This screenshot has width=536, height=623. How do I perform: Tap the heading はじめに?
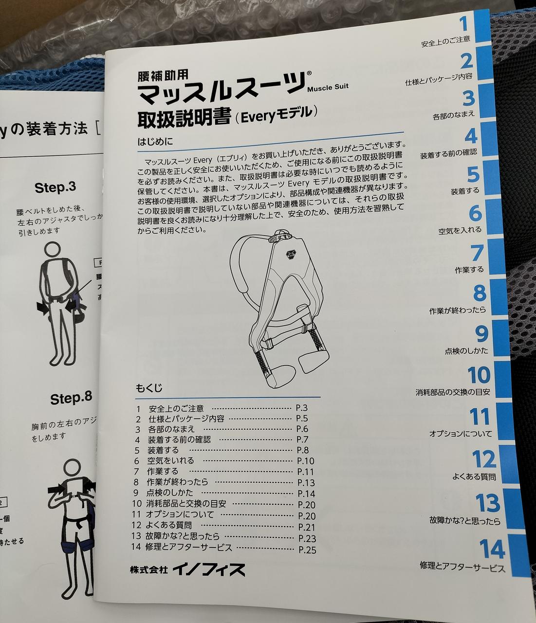tap(156, 141)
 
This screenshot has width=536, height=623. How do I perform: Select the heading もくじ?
tap(149, 387)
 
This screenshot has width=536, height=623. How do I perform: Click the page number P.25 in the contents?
tap(307, 550)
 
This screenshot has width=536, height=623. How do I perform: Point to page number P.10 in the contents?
tap(305, 461)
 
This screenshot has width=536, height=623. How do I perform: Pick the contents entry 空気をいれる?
tap(170, 460)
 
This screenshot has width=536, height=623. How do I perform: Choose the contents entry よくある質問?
tap(168, 525)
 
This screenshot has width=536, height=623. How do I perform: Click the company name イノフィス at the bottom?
tap(209, 570)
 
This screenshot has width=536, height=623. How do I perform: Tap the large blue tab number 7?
tap(477, 253)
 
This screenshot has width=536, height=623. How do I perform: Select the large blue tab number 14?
tap(492, 549)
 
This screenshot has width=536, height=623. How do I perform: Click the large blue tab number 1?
tap(463, 24)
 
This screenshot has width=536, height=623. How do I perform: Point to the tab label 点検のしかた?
tap(466, 350)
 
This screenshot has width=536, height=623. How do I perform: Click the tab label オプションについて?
tap(461, 434)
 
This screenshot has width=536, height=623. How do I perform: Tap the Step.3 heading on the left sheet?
tap(55, 187)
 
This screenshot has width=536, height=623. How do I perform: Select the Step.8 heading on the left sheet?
tap(71, 399)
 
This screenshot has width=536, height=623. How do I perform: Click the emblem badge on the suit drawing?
tap(292, 255)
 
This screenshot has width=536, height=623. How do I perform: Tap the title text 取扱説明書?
tap(184, 118)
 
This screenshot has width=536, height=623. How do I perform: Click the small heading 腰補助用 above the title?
tap(163, 76)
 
